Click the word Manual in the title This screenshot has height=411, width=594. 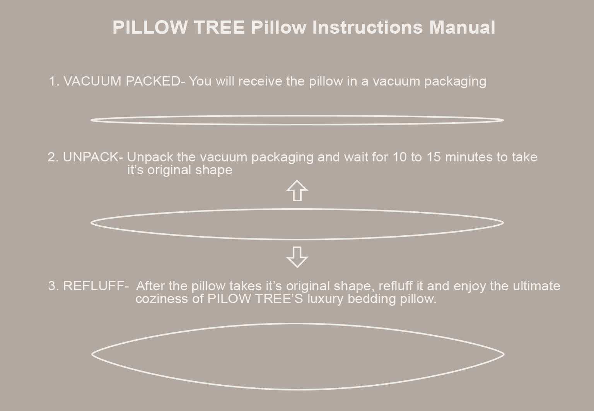tap(462, 27)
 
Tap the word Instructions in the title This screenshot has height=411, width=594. tap(367, 27)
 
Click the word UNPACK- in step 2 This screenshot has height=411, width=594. tap(93, 157)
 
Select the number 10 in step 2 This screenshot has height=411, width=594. tap(399, 157)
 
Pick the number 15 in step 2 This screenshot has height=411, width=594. tap(434, 157)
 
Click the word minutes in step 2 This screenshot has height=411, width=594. tap(469, 157)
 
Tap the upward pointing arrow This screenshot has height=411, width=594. tap(297, 190)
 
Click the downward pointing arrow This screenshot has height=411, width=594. tap(297, 257)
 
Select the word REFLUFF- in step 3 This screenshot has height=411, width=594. tap(96, 286)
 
